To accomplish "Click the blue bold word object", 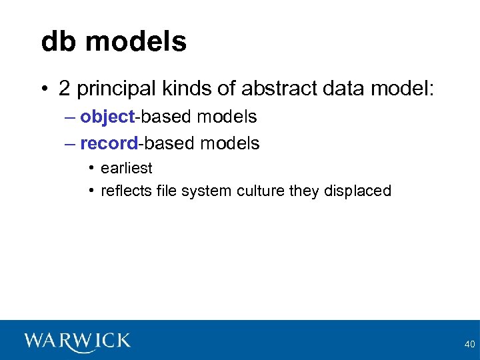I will coord(107,117).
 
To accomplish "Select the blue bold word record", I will coord(108,143).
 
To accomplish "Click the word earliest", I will coord(126,168).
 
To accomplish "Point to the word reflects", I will coord(123,191).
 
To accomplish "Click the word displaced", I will coord(357,191).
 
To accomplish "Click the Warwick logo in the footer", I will coord(77,341).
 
